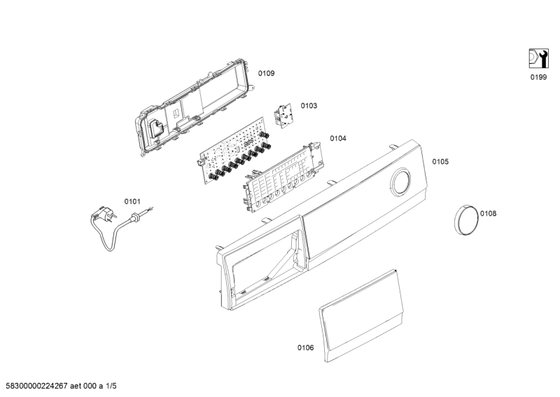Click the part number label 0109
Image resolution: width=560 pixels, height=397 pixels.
point(267,74)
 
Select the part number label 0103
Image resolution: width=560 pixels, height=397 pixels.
point(309,106)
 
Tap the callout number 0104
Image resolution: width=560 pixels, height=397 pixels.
point(338,138)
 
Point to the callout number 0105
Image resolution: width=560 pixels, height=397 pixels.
point(440,161)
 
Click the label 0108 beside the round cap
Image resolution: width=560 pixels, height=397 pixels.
point(488,213)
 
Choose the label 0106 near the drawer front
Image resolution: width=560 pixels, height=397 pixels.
point(306,348)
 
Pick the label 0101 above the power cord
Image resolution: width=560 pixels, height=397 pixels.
point(132,201)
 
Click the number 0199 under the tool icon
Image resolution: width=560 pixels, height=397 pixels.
point(538,77)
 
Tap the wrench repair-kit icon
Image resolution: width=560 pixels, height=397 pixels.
point(538,58)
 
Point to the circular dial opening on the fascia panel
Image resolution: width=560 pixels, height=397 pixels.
point(400,182)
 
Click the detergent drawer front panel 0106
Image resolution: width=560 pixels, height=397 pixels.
point(361,316)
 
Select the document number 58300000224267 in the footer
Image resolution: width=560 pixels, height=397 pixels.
point(37,386)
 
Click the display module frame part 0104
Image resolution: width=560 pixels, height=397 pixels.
point(282,176)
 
